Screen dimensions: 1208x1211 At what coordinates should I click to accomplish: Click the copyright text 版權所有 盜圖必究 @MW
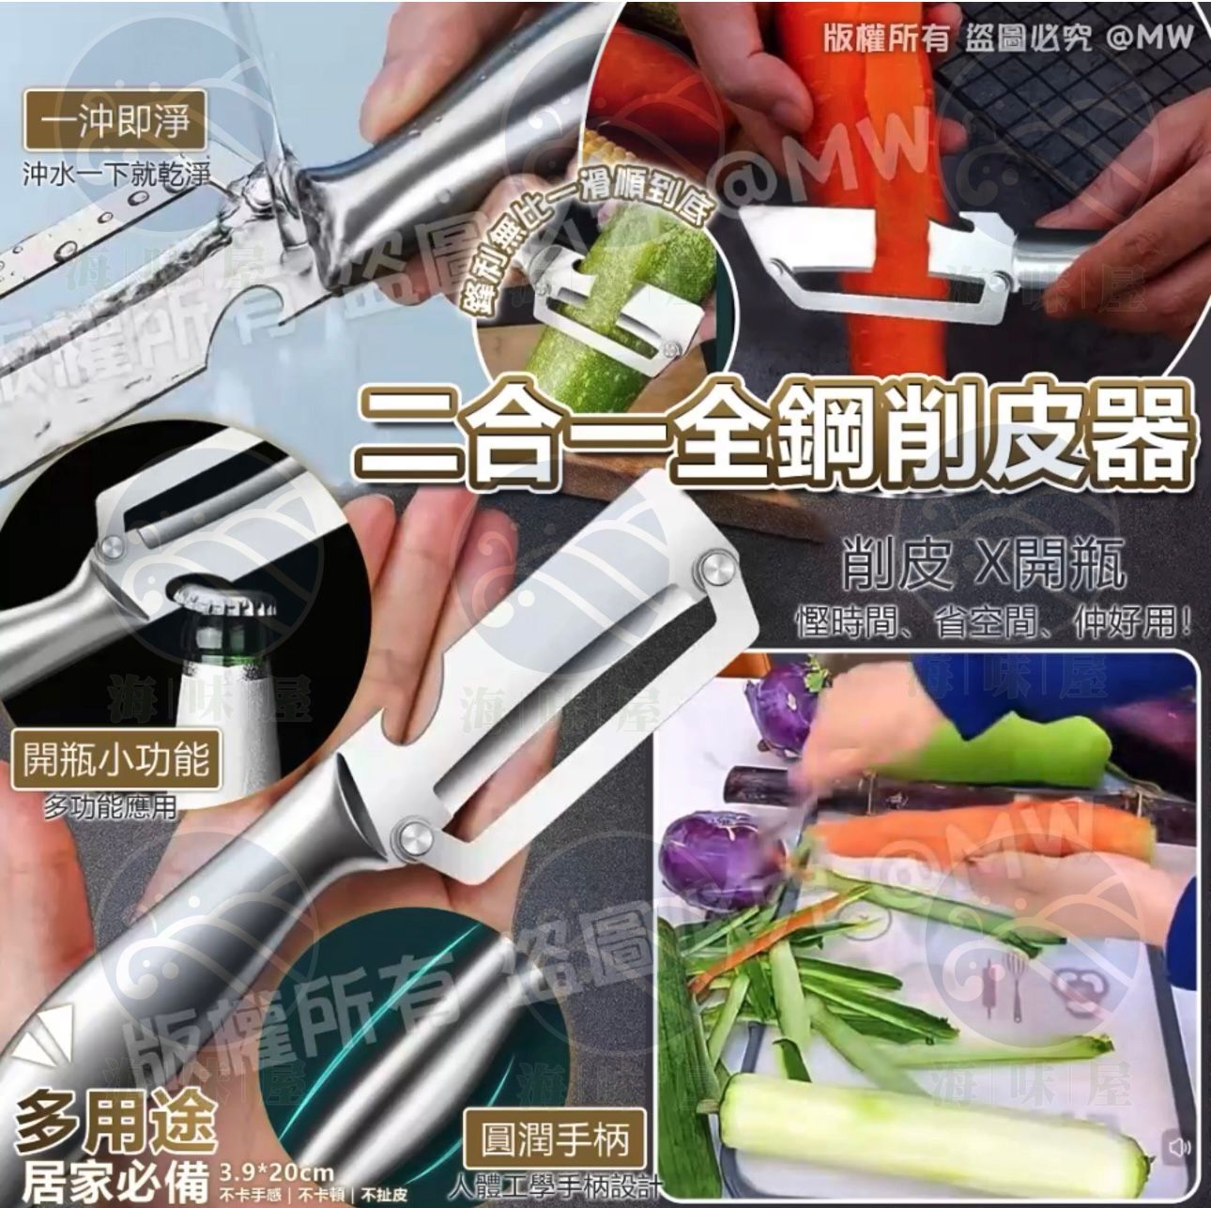pos(1006,38)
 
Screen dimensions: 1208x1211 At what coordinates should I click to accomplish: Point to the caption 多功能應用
pos(110,806)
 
